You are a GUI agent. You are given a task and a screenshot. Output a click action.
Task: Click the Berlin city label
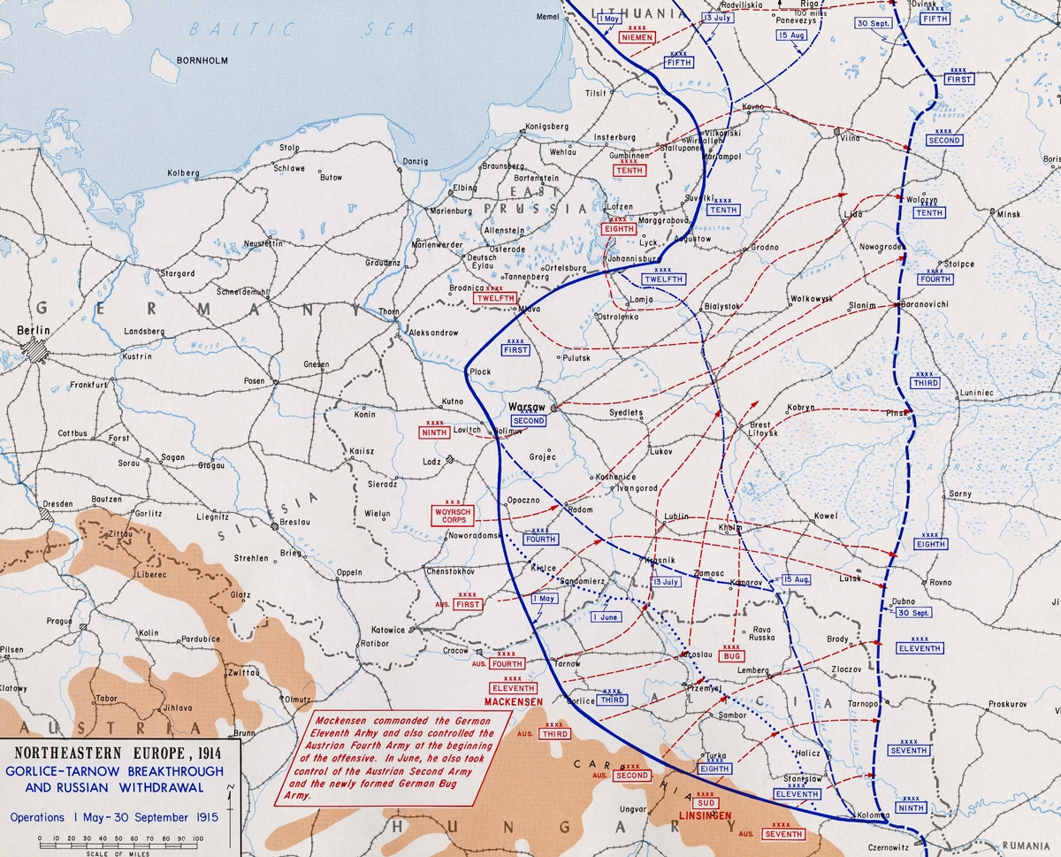34,330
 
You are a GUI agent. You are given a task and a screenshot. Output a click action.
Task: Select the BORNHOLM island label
203,61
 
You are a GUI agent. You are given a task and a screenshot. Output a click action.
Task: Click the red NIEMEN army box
637,38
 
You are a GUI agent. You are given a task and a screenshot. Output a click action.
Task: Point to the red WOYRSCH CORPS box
452,516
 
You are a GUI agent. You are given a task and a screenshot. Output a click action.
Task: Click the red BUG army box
732,656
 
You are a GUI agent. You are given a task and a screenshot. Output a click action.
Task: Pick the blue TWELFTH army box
663,279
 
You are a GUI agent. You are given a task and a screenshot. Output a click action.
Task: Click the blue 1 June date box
607,616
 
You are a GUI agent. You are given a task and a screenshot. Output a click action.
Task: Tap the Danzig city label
415,161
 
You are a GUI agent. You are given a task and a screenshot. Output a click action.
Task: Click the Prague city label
59,621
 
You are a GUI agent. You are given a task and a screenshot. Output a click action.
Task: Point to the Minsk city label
1008,214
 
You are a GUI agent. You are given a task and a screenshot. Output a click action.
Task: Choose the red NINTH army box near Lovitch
434,433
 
